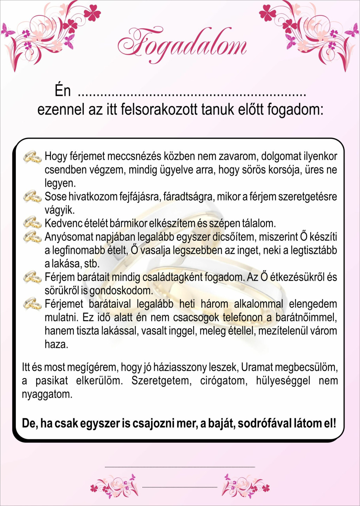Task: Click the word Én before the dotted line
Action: pos(63,91)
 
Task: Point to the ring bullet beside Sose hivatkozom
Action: pos(32,196)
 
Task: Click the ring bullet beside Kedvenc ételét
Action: pos(32,223)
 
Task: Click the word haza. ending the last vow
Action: pos(56,344)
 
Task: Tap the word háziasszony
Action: pos(180,367)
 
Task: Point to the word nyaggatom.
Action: pos(47,394)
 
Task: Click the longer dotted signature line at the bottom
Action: pos(180,467)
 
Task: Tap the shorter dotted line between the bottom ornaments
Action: pos(180,487)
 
